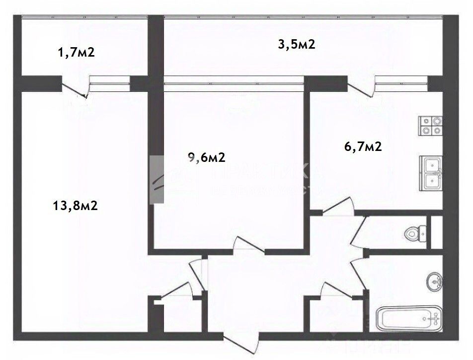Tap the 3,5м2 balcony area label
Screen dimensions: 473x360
pos(296,45)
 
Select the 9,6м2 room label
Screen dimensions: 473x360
pos(207,157)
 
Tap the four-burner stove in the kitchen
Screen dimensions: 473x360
pos(430,126)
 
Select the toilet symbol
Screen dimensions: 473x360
pos(414,232)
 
